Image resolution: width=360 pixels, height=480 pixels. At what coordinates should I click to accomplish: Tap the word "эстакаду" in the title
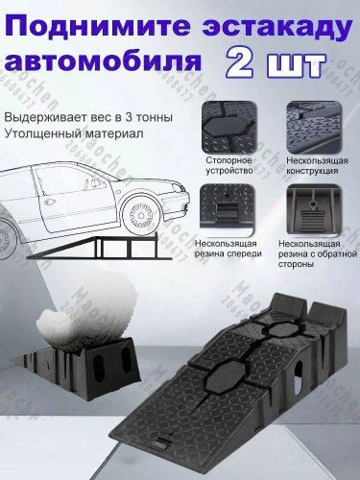tap(277, 27)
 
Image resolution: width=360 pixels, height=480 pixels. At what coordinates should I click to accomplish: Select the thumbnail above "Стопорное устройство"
tap(229, 127)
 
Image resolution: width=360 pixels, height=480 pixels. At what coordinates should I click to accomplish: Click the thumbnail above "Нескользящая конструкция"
tap(313, 127)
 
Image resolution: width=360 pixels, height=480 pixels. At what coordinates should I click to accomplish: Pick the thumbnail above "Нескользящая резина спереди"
tap(227, 209)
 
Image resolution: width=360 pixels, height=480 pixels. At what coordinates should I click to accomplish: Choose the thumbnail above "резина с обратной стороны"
tap(312, 209)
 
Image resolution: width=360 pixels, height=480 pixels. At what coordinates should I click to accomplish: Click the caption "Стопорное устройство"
tap(228, 165)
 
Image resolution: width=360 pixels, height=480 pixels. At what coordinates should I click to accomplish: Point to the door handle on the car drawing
tap(50, 202)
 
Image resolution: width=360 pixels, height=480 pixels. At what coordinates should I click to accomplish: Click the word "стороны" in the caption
tap(296, 265)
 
